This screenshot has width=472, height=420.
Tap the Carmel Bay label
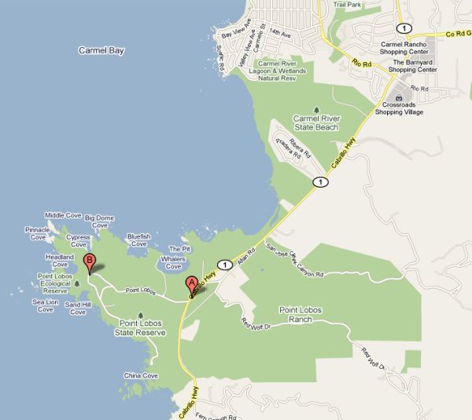101,50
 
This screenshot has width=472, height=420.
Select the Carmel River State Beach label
316,122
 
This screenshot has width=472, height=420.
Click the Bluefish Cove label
138,239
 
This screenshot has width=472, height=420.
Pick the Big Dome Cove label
100,221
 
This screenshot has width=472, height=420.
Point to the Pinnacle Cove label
38,233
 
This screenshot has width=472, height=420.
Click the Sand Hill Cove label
77,309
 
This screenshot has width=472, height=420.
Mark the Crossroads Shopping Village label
399,108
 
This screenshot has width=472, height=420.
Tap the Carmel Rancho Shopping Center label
404,49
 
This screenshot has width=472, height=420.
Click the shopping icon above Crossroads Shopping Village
399,97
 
